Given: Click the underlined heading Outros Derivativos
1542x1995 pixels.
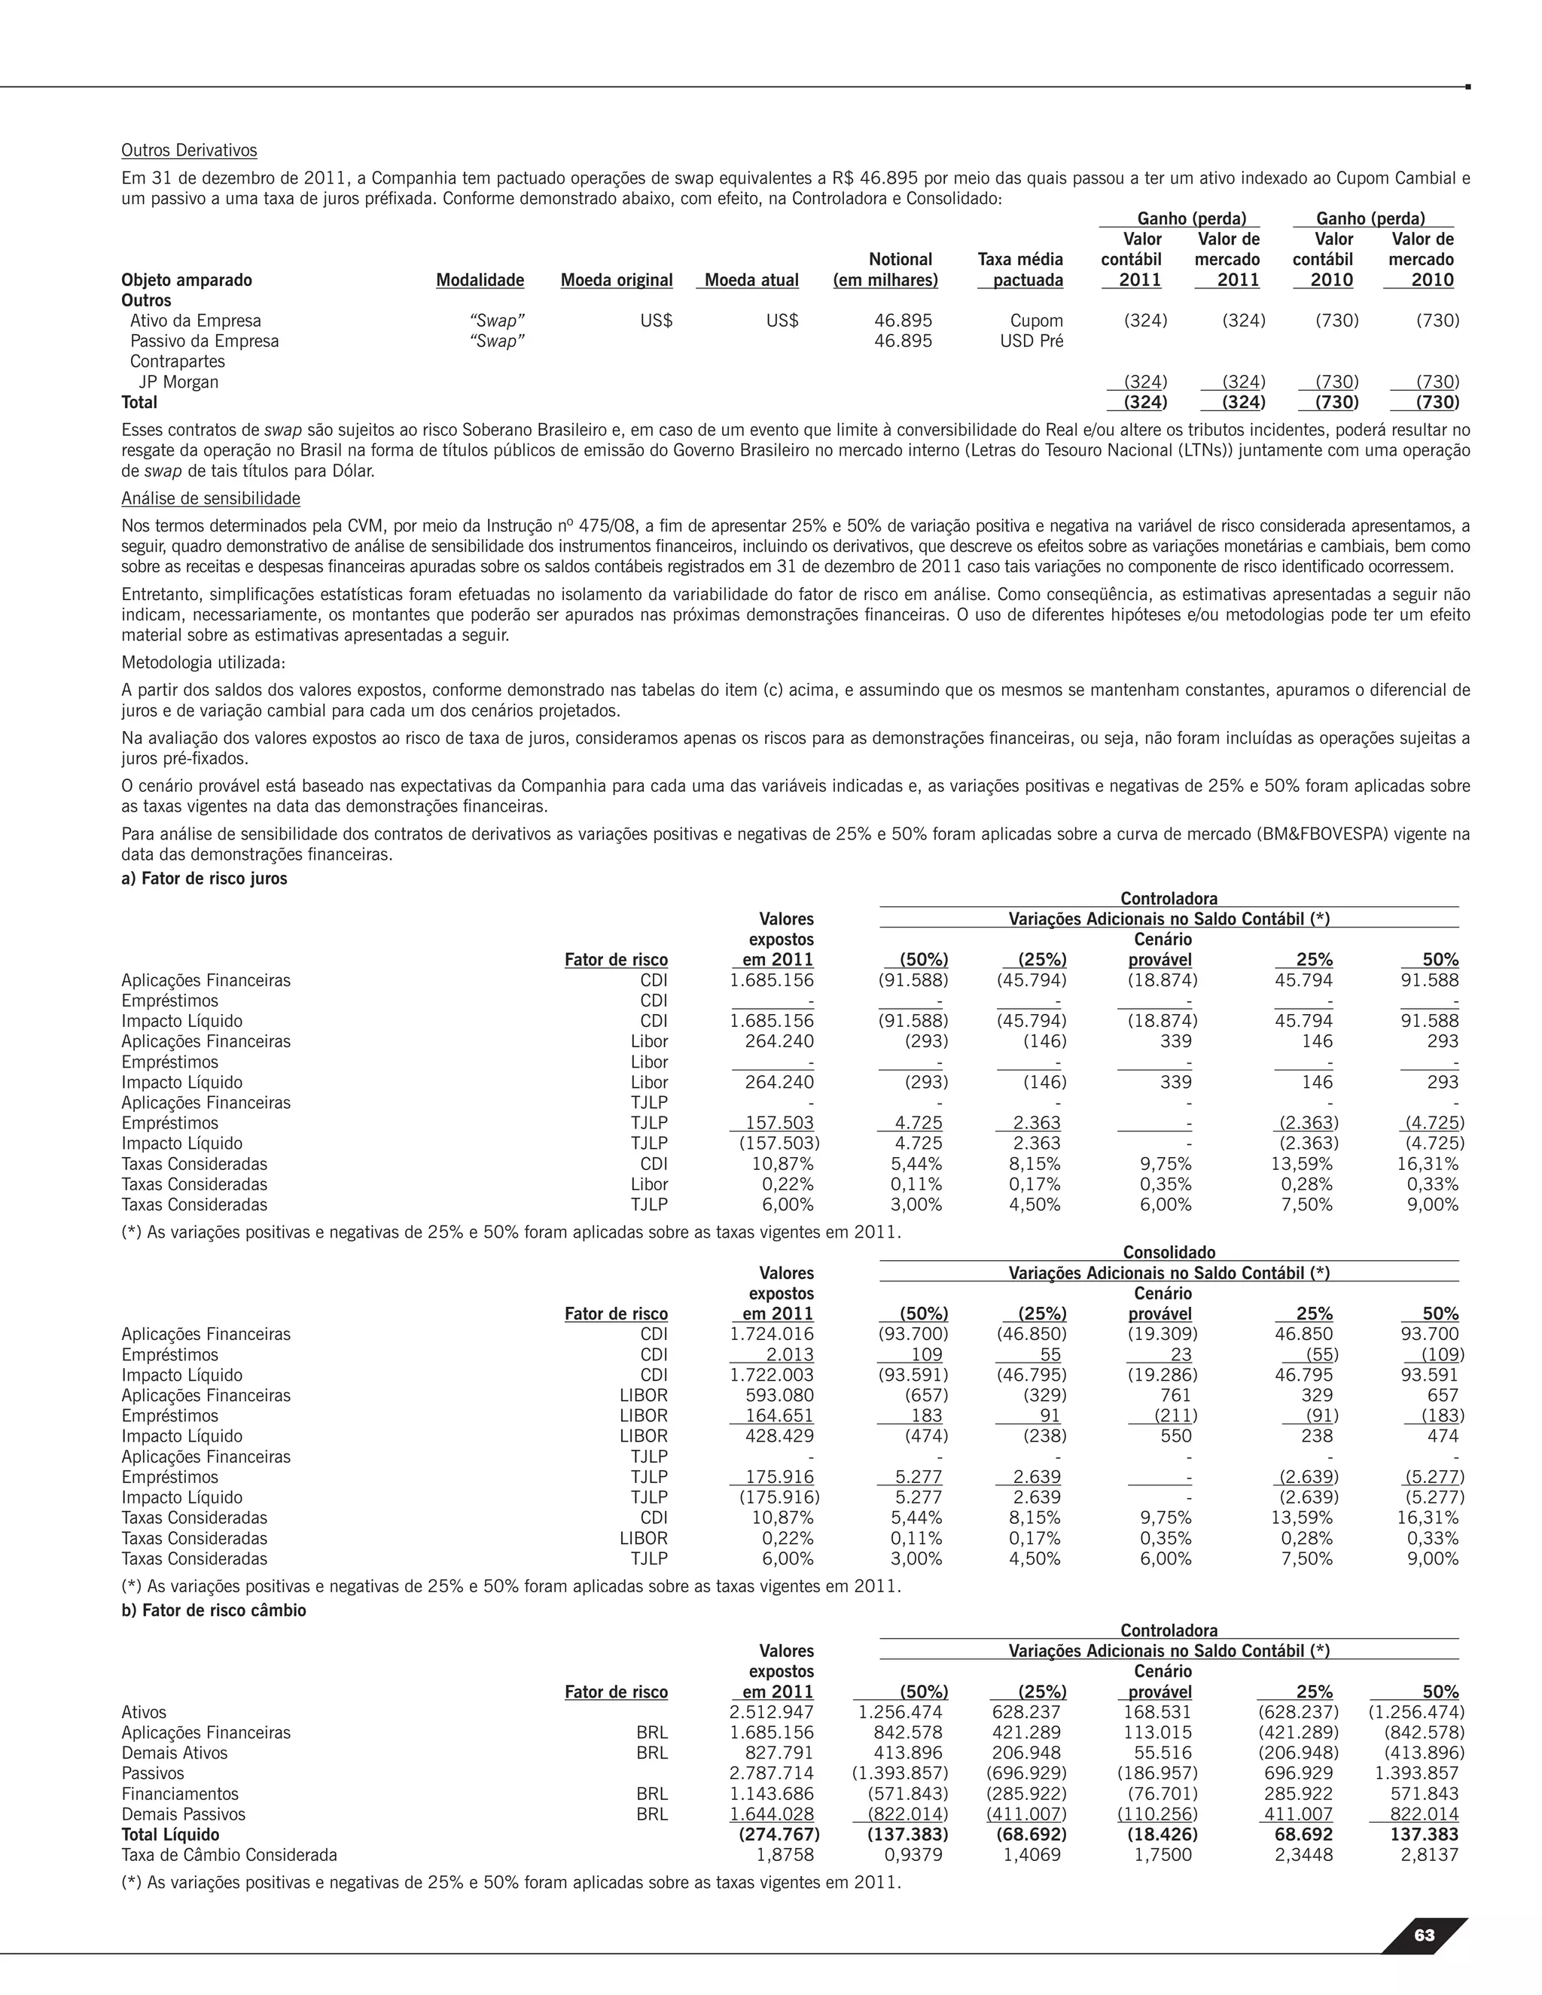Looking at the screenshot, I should (x=189, y=150).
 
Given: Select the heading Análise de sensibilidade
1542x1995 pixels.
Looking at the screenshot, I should (x=210, y=498).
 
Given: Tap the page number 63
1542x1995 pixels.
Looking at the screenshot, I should (x=1423, y=1934).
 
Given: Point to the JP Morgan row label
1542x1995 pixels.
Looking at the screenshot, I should (x=178, y=382).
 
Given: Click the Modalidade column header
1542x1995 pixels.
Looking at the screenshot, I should (x=480, y=281).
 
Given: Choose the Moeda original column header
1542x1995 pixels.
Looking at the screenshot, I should (x=617, y=281).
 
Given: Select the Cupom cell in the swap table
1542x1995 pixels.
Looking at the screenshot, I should (x=1036, y=321).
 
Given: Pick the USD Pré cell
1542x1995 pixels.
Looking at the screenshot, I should (x=1032, y=341).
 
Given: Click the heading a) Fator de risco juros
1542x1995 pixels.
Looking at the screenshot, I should (x=204, y=878).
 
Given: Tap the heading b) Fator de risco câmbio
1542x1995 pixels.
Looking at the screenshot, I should (x=214, y=1610).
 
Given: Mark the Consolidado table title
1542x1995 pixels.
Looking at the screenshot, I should (x=1169, y=1253).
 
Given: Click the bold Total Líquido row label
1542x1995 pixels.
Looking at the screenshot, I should (x=170, y=1834).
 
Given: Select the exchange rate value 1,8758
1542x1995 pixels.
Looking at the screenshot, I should (x=785, y=1854).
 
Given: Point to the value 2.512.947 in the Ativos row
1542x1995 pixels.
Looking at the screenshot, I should (x=771, y=1712).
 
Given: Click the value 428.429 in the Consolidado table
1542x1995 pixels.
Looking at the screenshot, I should (x=779, y=1436).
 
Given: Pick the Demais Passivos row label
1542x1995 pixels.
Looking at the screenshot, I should (x=183, y=1814).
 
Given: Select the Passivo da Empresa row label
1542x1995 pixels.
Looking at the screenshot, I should (x=204, y=341).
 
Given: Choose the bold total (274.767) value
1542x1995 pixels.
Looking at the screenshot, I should (x=779, y=1834).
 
